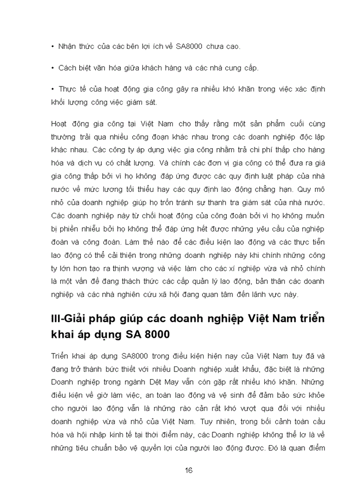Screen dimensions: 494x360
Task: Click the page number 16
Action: pos(188,471)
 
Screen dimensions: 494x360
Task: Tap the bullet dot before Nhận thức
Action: pos(53,46)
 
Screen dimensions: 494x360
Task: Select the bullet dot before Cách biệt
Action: pos(53,68)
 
